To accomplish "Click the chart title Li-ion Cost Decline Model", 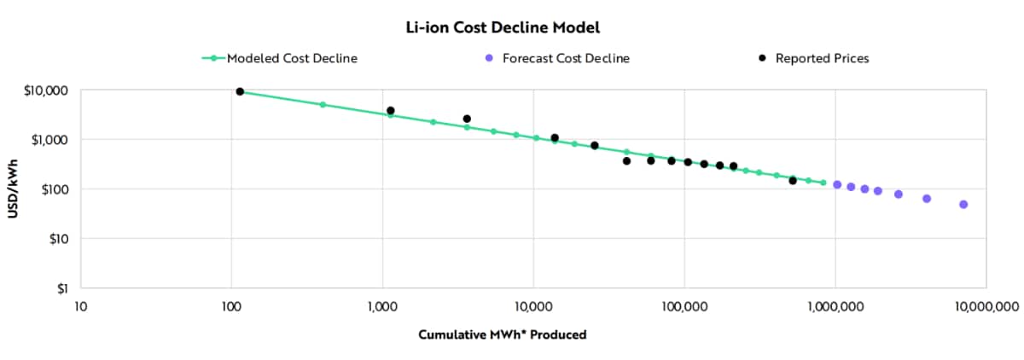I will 503,28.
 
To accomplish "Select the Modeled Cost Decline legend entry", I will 291,59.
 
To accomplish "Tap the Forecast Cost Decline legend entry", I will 566,59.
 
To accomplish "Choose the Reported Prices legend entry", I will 822,59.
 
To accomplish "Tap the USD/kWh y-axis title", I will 15,189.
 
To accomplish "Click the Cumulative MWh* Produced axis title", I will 502,334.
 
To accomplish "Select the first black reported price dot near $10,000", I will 240,91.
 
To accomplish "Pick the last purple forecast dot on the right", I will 963,205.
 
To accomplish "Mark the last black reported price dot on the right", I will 793,181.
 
